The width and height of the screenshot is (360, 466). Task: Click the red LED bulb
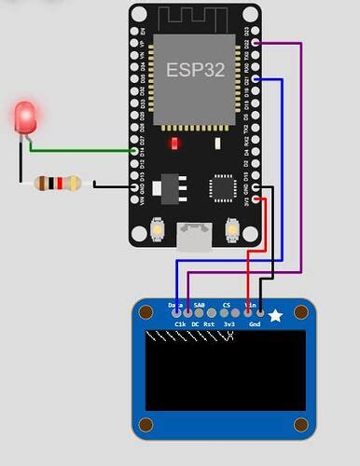click(x=26, y=117)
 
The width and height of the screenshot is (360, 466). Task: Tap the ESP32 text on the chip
click(x=191, y=69)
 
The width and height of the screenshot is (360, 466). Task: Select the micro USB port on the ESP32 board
click(x=196, y=236)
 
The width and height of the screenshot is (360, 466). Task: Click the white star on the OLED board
click(x=276, y=317)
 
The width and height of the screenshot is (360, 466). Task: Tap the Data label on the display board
click(x=174, y=305)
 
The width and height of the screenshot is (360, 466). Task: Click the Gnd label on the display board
click(x=254, y=324)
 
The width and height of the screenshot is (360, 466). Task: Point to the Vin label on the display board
click(x=250, y=305)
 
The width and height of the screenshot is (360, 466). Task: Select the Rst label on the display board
click(x=210, y=324)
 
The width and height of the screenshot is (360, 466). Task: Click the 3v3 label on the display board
click(x=229, y=324)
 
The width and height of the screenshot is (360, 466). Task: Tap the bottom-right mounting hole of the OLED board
click(x=300, y=425)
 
